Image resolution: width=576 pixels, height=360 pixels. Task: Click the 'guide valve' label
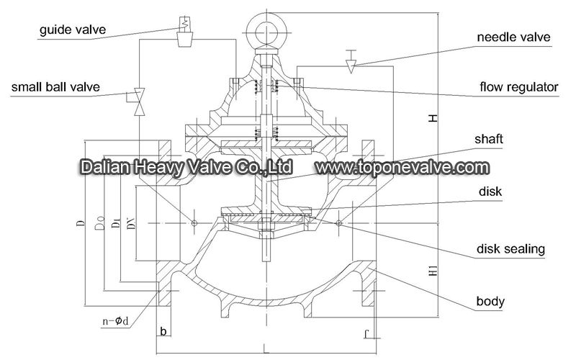(x=73, y=30)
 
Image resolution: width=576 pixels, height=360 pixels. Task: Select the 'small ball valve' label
(x=55, y=87)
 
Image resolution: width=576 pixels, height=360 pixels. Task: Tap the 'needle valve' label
(x=513, y=37)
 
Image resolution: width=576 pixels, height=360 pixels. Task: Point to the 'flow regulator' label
(x=518, y=87)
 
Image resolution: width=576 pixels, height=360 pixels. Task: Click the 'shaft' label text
(x=489, y=139)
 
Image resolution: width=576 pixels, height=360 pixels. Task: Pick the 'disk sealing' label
(x=510, y=249)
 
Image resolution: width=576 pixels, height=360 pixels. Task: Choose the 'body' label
(x=490, y=301)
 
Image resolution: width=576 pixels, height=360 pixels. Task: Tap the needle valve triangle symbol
(x=351, y=66)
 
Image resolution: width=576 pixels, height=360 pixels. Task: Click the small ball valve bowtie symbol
(x=139, y=102)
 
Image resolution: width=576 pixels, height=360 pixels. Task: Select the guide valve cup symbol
(x=185, y=40)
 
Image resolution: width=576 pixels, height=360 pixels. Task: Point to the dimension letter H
(x=433, y=118)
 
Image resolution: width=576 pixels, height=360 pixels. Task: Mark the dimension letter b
(x=163, y=331)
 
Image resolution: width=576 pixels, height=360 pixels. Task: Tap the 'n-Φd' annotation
(x=115, y=321)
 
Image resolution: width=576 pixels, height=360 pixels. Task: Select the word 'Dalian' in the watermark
(x=104, y=167)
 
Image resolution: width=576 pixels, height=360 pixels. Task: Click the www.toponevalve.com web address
(x=402, y=168)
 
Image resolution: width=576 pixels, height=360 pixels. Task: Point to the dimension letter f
(x=366, y=333)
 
